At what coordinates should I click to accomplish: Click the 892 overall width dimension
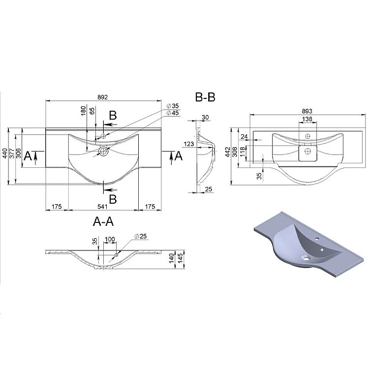point(103,97)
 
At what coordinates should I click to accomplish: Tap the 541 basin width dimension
point(102,207)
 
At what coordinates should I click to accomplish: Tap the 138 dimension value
point(307,120)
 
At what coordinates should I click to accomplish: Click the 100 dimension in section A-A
point(110,239)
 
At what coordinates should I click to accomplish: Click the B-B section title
point(205,97)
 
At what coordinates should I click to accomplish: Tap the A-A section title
point(103,222)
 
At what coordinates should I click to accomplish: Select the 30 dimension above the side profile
point(205,117)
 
